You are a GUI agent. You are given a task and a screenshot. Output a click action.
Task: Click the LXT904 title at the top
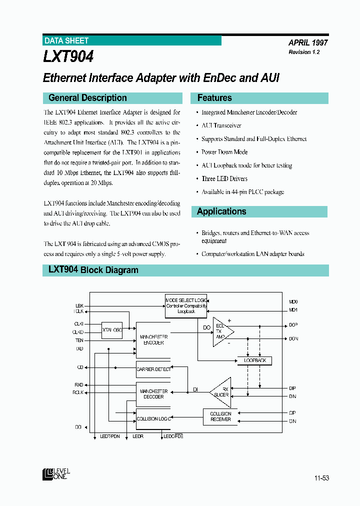(x=68, y=56)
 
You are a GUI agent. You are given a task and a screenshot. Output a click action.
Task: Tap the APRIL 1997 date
(x=308, y=43)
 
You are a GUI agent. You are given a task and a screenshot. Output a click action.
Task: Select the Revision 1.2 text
(x=304, y=52)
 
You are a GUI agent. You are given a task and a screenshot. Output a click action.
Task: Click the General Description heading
(x=87, y=98)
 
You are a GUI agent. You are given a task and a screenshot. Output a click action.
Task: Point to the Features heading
(x=214, y=98)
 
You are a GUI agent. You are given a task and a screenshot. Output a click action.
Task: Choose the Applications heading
(x=221, y=211)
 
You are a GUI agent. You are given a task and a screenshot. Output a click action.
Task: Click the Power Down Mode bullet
(x=224, y=152)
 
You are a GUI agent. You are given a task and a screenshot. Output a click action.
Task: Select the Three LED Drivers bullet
(x=224, y=178)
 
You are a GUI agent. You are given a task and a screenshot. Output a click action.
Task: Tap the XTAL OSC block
(x=112, y=330)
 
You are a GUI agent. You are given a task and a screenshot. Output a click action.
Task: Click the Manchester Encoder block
(x=153, y=339)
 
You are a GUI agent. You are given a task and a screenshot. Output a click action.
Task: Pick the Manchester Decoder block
(x=153, y=394)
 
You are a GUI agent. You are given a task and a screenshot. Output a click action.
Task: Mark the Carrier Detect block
(x=153, y=369)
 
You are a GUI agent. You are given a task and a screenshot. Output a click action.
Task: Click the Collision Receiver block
(x=220, y=416)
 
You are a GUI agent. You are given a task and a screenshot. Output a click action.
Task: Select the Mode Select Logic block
(x=186, y=305)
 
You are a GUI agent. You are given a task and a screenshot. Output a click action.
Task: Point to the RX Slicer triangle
(x=221, y=392)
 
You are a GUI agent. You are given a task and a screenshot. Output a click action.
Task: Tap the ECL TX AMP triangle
(x=221, y=331)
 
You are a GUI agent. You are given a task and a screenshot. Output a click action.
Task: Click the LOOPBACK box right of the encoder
(x=254, y=360)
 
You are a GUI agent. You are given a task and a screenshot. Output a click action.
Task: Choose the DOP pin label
(x=293, y=325)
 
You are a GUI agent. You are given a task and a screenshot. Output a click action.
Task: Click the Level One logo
(x=56, y=473)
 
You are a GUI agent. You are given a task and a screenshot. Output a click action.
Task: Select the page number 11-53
(x=321, y=478)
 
